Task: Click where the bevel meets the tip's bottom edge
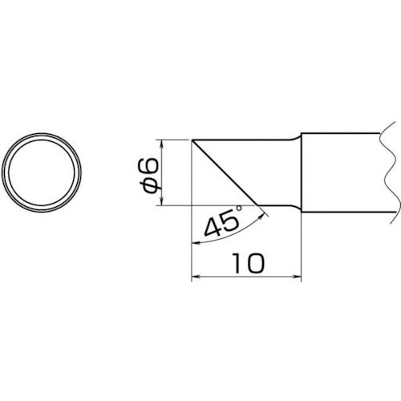(x=258, y=205)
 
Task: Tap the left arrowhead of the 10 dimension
(x=196, y=278)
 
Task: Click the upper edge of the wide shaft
(x=345, y=133)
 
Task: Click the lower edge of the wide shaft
(x=345, y=213)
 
